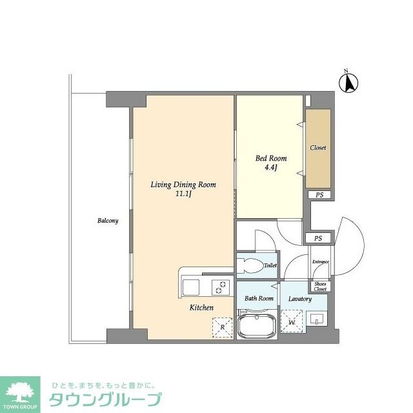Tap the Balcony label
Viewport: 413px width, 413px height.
coord(108,221)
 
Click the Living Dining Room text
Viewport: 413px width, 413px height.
coord(183,185)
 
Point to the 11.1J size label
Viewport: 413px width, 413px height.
coord(183,194)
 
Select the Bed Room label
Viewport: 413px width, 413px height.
coord(271,159)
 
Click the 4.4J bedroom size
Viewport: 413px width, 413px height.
coord(271,168)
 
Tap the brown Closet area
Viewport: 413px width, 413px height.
coord(318,148)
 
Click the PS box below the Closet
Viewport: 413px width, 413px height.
coord(318,195)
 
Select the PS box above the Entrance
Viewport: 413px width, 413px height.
coord(317,238)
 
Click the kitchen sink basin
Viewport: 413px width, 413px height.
coord(192,287)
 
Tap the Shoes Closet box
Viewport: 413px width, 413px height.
coord(321,287)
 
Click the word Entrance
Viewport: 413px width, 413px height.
coord(321,261)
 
